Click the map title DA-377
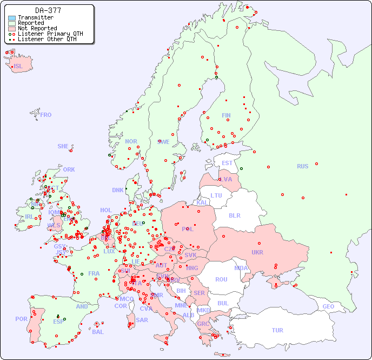click(x=48, y=10)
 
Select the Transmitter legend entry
click(x=35, y=18)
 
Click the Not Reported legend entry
click(x=37, y=28)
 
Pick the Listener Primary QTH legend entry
click(x=50, y=34)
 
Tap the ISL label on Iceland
click(x=18, y=67)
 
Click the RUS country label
click(x=302, y=166)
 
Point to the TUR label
click(x=277, y=330)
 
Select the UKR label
click(x=257, y=252)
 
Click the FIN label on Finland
click(x=226, y=115)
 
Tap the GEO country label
click(x=328, y=306)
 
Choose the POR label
click(x=21, y=319)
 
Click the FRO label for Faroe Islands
click(x=45, y=115)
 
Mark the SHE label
click(x=63, y=146)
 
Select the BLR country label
click(x=234, y=215)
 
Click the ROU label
click(x=221, y=279)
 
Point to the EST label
click(x=227, y=163)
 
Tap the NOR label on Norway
click(x=131, y=141)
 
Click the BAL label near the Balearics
click(x=97, y=332)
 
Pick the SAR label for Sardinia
click(x=142, y=319)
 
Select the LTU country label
click(x=216, y=195)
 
